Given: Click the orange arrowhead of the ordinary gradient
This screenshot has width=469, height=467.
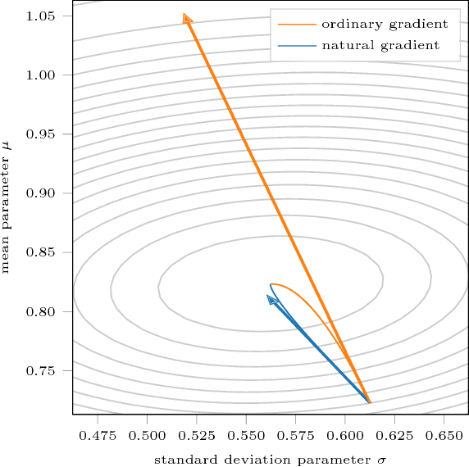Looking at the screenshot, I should pyautogui.click(x=187, y=18).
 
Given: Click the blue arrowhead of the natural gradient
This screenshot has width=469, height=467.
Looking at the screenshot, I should pyautogui.click(x=271, y=300).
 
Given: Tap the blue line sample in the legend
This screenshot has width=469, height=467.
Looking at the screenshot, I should pyautogui.click(x=294, y=46).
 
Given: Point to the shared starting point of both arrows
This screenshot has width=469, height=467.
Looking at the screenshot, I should pyautogui.click(x=370, y=403).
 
